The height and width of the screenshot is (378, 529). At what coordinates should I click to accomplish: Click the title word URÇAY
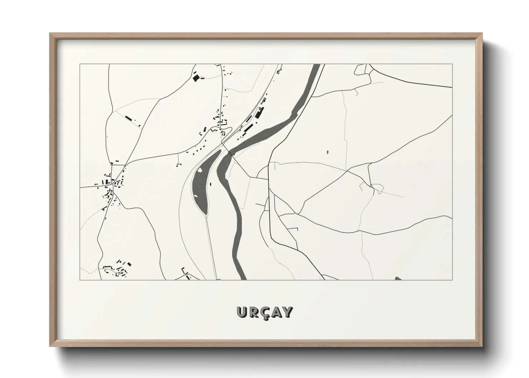(x=264, y=312)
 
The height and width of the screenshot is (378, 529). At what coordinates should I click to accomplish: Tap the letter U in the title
(x=241, y=312)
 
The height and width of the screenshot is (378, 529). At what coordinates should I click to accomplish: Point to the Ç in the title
(x=264, y=313)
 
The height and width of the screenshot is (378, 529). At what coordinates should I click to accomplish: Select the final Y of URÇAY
(x=288, y=312)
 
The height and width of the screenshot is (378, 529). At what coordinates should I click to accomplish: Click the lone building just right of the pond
(x=211, y=184)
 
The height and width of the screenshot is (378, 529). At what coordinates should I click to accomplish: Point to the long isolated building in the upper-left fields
(x=128, y=118)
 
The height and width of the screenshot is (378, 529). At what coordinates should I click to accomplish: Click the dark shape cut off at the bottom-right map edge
(x=398, y=278)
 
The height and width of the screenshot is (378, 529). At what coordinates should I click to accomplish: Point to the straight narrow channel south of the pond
(x=211, y=247)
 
